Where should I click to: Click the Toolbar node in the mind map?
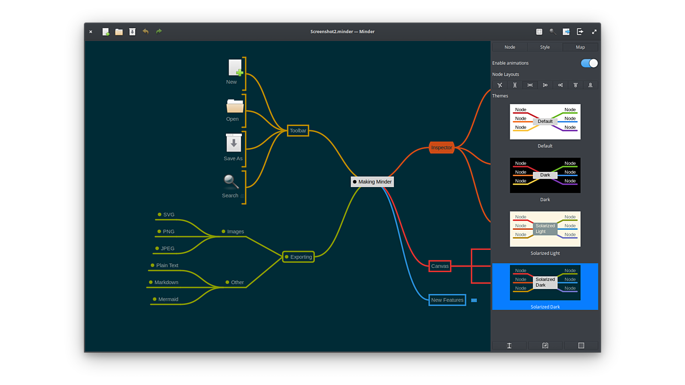point(298,131)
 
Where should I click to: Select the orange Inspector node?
point(441,147)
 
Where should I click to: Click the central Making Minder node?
point(373,182)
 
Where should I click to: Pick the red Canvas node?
point(440,266)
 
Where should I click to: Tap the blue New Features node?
point(447,300)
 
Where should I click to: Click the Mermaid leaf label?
point(168,299)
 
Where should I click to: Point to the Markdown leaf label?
point(166,283)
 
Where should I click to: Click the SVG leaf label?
point(169,215)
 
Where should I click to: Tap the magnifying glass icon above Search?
point(231,182)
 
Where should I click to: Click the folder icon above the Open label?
point(235,106)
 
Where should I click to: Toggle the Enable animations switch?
point(589,63)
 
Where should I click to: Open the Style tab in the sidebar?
point(545,47)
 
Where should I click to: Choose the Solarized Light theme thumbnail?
point(545,229)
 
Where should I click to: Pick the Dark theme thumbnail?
point(545,175)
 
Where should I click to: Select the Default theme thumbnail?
point(545,122)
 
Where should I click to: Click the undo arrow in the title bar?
point(146,31)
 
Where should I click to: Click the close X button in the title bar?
point(91,32)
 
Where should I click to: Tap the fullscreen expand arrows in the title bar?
point(594,32)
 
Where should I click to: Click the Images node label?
point(235,232)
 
